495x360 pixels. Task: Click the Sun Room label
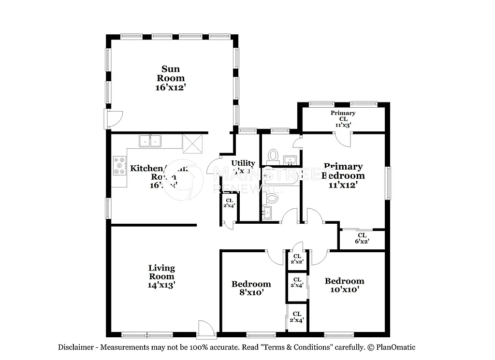click(x=171, y=73)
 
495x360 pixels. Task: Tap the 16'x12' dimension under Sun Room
click(x=171, y=87)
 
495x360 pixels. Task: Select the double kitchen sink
click(x=150, y=141)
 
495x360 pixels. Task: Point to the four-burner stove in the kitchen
click(x=119, y=166)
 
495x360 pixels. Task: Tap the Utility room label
click(x=243, y=163)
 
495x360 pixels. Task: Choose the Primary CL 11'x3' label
click(x=343, y=118)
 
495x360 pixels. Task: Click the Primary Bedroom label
click(x=343, y=171)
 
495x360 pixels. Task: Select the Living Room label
click(x=161, y=272)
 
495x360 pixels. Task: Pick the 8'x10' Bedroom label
click(x=251, y=288)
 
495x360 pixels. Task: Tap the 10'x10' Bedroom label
click(x=344, y=285)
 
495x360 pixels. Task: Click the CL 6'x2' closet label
click(x=362, y=238)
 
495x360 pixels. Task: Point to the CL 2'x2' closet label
click(x=297, y=259)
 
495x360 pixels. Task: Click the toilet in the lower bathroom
click(x=273, y=198)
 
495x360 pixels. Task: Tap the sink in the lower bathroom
click(x=266, y=212)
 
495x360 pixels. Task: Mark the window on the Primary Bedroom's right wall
click(x=388, y=183)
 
